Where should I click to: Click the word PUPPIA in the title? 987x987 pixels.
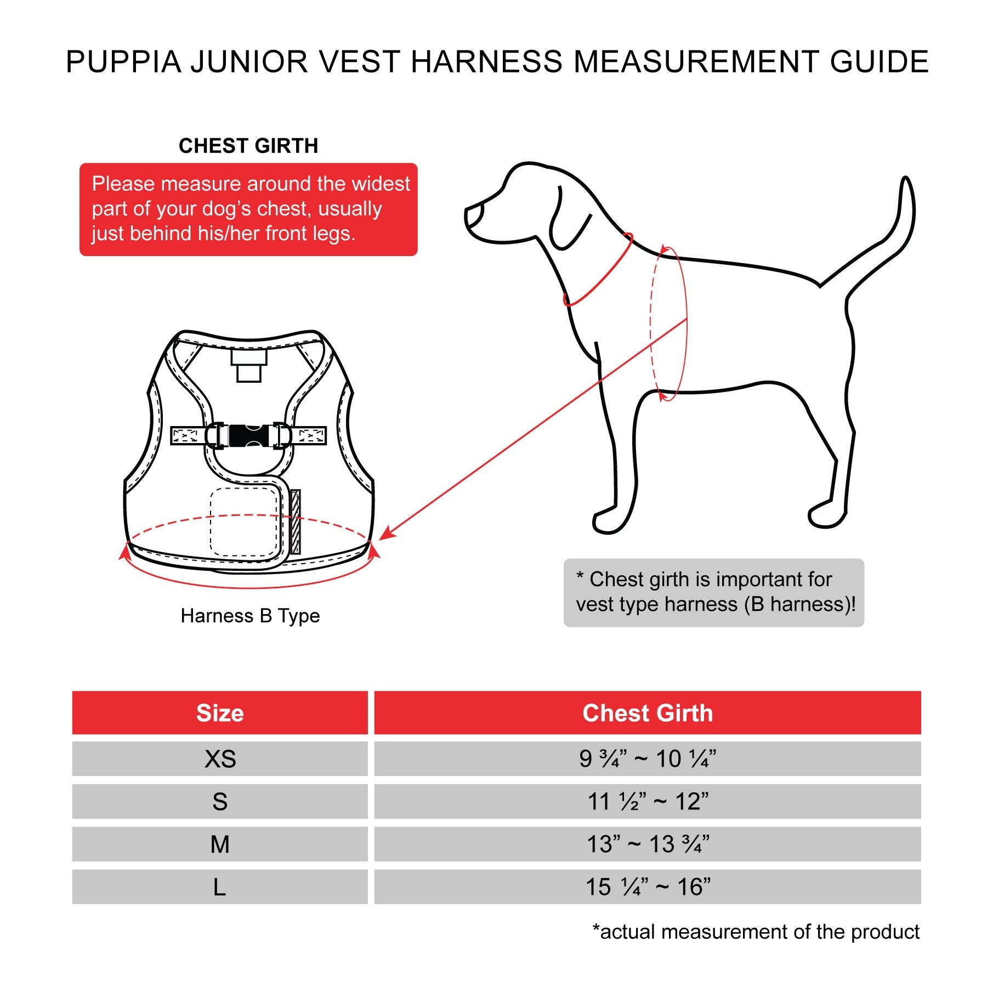(x=123, y=62)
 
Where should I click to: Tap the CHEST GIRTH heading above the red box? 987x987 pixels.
(x=248, y=146)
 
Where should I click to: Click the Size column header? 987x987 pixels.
(x=220, y=713)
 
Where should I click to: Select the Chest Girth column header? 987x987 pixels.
(x=648, y=713)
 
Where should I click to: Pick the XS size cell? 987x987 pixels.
(x=220, y=759)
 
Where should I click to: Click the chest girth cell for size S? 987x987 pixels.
(x=648, y=802)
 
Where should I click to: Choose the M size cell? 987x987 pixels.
(x=220, y=844)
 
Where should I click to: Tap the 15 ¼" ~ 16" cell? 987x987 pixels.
(x=648, y=887)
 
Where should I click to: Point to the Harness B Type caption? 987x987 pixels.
(x=250, y=616)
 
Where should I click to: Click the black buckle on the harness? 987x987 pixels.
(x=245, y=436)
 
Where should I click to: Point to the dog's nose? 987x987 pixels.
(x=473, y=214)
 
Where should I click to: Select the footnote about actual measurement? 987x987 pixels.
(x=756, y=932)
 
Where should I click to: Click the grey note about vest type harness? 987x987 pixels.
(x=713, y=592)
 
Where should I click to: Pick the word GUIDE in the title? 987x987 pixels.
(x=879, y=62)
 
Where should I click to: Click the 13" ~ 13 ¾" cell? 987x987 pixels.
(x=648, y=844)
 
